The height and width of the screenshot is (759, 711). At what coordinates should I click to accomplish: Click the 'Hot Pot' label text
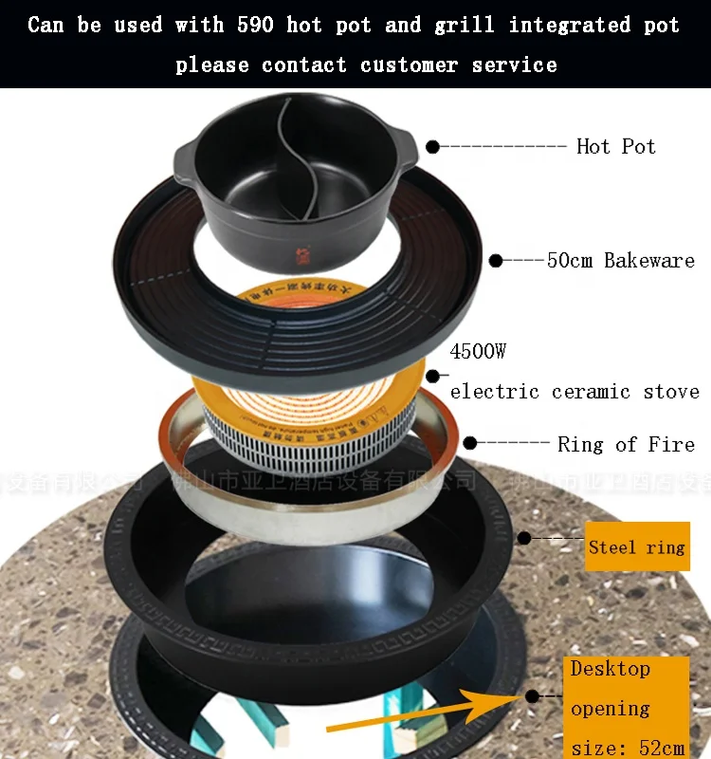[615, 146]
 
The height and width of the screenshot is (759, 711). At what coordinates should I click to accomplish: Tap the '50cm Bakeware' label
[621, 260]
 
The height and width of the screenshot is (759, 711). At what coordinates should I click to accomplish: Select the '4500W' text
[479, 352]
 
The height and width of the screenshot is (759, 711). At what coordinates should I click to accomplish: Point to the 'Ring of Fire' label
[626, 443]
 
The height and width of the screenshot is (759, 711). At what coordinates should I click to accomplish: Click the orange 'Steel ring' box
[636, 546]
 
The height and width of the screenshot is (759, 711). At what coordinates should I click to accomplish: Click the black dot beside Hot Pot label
[432, 146]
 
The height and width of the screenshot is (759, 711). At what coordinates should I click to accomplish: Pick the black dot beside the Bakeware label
[495, 260]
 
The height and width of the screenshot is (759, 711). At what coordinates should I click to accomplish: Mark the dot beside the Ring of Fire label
[470, 443]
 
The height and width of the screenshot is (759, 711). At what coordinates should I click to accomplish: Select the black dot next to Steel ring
[523, 538]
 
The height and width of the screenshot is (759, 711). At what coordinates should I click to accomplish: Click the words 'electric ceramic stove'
[574, 391]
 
